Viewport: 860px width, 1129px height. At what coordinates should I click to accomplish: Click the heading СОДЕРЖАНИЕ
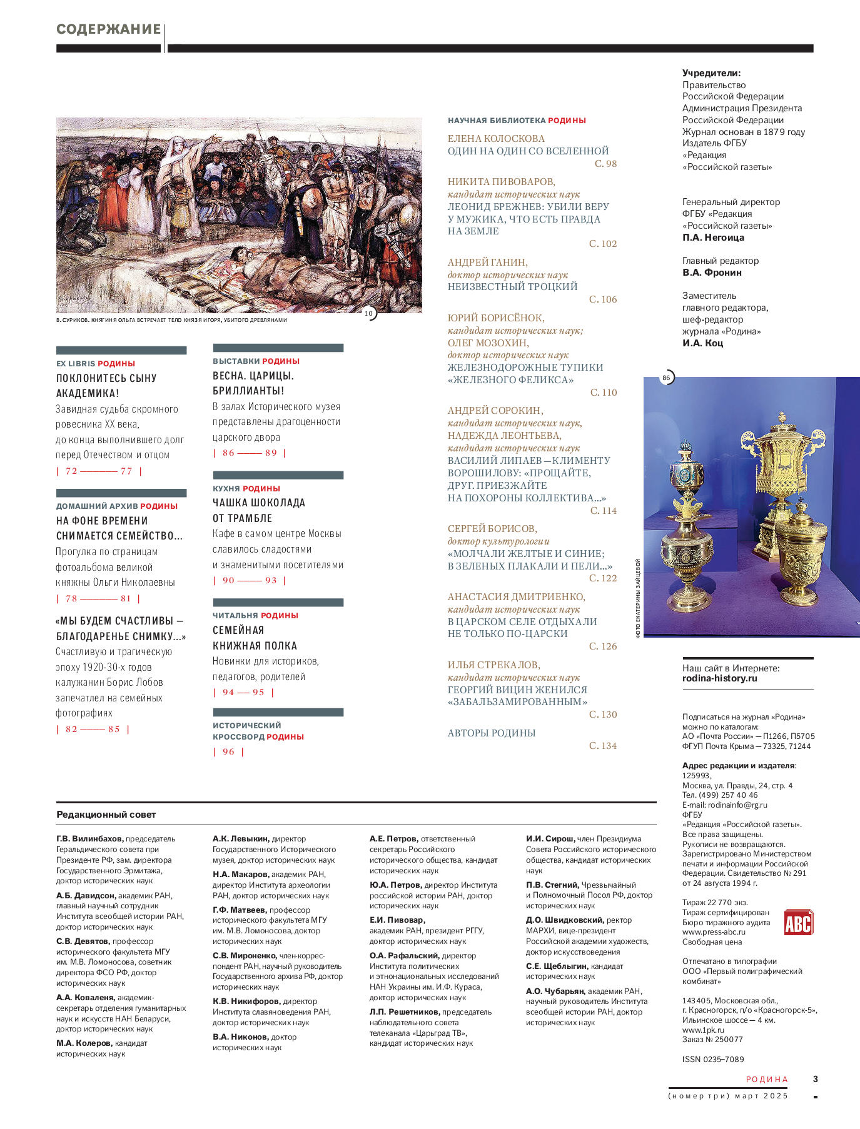click(109, 29)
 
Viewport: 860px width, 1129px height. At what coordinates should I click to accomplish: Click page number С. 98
click(605, 164)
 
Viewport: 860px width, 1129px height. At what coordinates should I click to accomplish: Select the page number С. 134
click(603, 746)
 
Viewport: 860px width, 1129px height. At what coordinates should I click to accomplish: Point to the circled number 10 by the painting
click(368, 313)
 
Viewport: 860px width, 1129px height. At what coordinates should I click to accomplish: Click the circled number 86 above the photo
click(666, 378)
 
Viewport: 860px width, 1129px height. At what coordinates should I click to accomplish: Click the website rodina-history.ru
click(719, 678)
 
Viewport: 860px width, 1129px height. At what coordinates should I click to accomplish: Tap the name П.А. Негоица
click(713, 238)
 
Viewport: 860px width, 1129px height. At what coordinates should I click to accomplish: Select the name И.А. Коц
click(702, 343)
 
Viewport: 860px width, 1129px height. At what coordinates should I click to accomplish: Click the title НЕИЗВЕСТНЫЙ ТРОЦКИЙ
click(512, 287)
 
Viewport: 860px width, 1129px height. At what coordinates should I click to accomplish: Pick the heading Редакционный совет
click(106, 815)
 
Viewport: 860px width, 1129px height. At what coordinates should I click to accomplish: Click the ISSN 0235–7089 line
click(713, 1059)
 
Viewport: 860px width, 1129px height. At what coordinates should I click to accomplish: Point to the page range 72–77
click(99, 471)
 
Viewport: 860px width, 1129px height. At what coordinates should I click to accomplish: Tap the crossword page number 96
click(228, 752)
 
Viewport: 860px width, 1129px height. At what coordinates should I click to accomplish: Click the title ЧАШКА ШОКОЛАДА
click(259, 503)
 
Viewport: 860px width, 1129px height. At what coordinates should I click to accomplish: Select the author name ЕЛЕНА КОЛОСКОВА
click(496, 139)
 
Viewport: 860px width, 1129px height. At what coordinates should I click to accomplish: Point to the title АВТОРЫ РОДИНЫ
click(492, 733)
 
